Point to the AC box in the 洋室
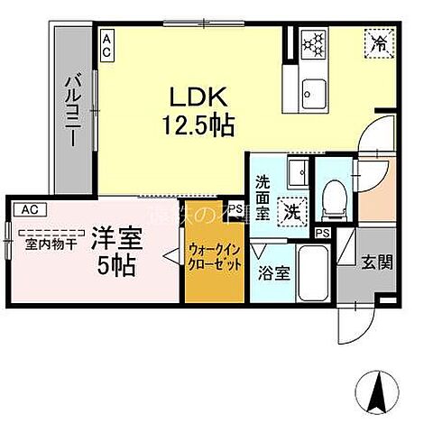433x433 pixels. [x=28, y=209]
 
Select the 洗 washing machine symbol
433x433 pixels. [x=291, y=211]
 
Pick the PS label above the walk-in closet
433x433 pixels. [x=235, y=208]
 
